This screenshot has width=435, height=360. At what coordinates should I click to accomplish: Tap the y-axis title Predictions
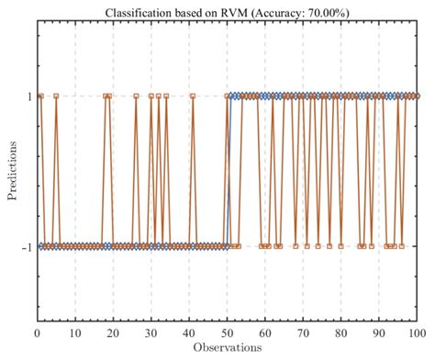pos(12,170)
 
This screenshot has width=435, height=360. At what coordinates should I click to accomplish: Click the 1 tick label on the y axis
pos(29,96)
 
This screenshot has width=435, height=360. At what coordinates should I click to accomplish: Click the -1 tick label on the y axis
pos(27,246)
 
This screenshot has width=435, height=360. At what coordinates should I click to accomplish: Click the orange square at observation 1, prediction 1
pos(40,96)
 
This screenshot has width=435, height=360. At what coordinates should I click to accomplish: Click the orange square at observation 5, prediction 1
pos(56,96)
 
